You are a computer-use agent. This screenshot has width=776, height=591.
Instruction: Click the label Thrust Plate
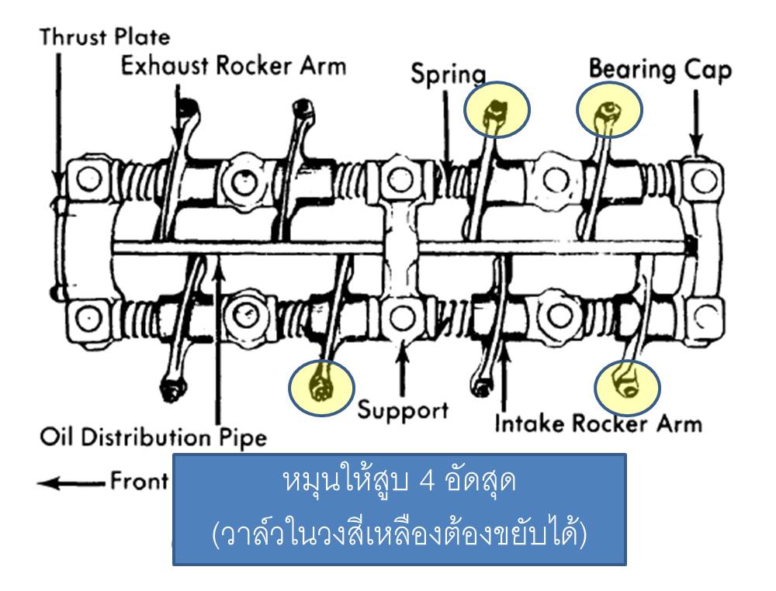[x=105, y=36]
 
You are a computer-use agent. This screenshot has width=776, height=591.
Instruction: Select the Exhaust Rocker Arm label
[x=233, y=66]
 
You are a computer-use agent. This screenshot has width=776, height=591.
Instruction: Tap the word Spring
[x=448, y=74]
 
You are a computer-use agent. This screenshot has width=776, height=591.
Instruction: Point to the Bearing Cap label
[x=660, y=70]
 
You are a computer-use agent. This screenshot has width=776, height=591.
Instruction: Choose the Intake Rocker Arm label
[x=598, y=423]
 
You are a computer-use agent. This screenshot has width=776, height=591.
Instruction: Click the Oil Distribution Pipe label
[x=153, y=437]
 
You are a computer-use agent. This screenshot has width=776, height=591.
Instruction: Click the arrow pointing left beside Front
[x=70, y=482]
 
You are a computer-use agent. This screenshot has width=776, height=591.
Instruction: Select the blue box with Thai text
[x=399, y=509]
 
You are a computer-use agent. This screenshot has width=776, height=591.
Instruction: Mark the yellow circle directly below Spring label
[x=497, y=112]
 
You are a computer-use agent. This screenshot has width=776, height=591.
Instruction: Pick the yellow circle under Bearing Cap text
[x=609, y=112]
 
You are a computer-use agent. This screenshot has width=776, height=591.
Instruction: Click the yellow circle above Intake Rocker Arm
[x=626, y=385]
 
